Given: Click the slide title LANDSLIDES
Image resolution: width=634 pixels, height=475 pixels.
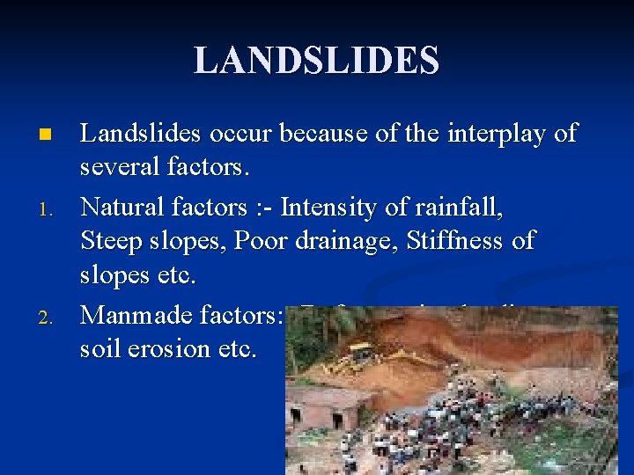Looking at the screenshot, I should click(x=316, y=61).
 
